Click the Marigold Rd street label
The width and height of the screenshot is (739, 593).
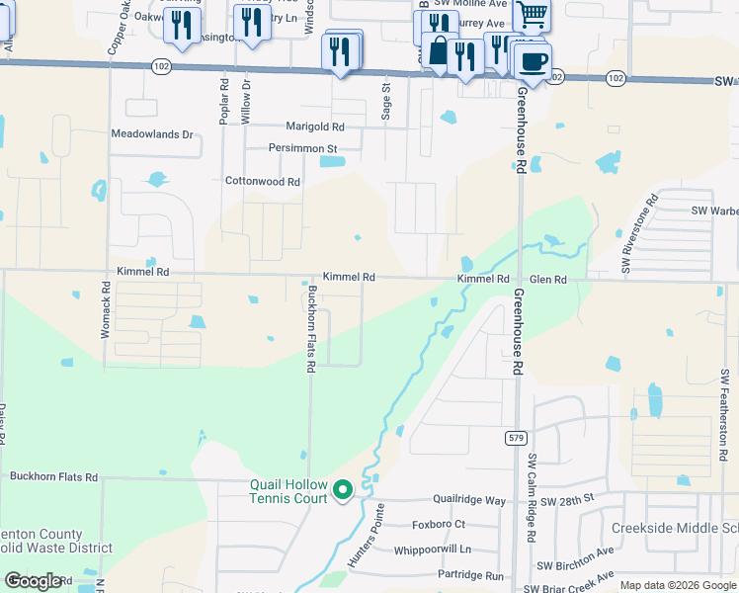tap(315, 127)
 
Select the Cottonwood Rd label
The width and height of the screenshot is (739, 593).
tap(262, 182)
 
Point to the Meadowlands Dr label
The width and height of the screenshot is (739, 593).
tap(152, 133)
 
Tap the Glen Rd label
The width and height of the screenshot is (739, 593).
tap(547, 281)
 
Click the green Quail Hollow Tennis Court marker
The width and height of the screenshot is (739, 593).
tap(343, 488)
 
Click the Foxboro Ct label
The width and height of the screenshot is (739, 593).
tap(439, 525)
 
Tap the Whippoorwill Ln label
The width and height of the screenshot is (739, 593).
tap(433, 550)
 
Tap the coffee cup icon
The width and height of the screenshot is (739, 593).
tap(534, 62)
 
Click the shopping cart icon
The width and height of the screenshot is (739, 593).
tap(532, 14)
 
